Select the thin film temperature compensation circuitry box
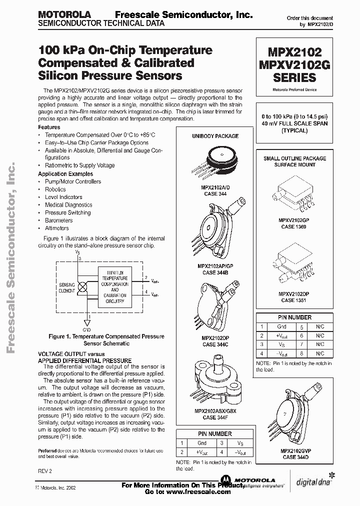[x=114, y=285]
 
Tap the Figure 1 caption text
[x=102, y=340]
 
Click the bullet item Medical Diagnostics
[x=68, y=205]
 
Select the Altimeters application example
[x=57, y=228]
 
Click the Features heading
[x=49, y=127]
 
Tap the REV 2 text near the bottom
[x=44, y=471]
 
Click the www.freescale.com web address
[x=185, y=492]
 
